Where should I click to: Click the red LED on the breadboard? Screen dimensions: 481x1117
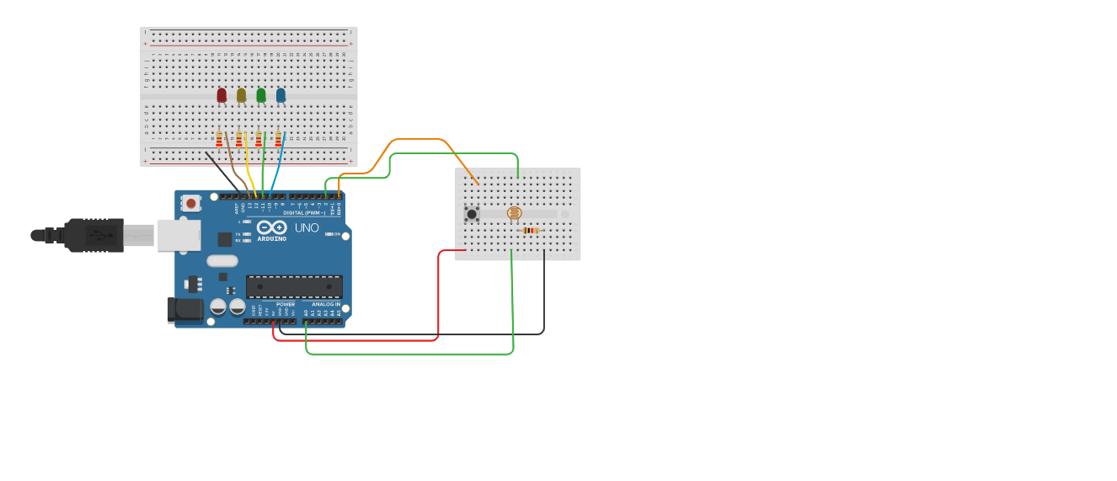click(222, 95)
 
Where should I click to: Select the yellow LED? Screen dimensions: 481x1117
click(241, 95)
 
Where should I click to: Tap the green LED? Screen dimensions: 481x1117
click(261, 95)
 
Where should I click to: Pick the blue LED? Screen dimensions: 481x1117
click(281, 95)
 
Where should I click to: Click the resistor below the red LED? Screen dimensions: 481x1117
click(219, 139)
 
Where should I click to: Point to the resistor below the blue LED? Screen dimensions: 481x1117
click(278, 139)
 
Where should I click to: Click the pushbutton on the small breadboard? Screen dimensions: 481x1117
click(472, 214)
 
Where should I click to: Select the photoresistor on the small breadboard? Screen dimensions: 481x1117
click(514, 213)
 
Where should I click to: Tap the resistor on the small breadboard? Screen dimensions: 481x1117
click(530, 230)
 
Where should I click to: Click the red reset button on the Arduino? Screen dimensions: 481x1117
click(192, 203)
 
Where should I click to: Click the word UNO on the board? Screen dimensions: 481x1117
click(307, 227)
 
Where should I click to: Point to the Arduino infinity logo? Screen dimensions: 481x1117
click(271, 227)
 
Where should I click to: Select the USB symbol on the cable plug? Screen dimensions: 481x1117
click(99, 235)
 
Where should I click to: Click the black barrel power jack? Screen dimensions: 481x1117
click(184, 309)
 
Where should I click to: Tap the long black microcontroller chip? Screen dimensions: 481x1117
click(294, 286)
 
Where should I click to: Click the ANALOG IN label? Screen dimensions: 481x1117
click(326, 304)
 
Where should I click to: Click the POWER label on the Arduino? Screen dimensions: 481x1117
click(286, 304)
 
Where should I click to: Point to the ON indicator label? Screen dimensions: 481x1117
click(337, 234)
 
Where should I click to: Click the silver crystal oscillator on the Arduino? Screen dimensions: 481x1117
click(222, 260)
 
